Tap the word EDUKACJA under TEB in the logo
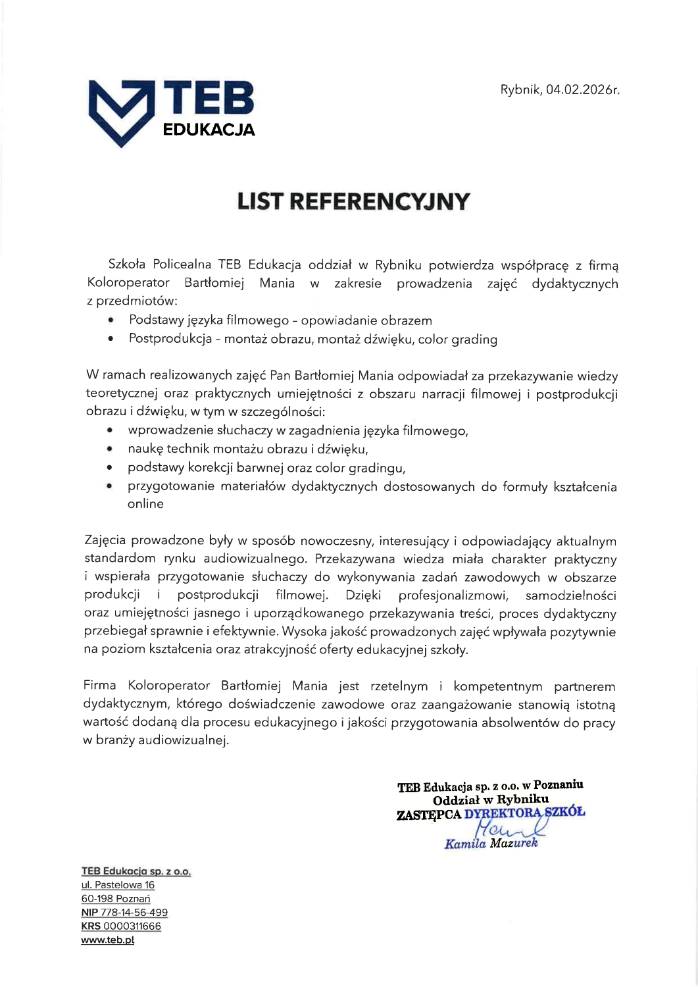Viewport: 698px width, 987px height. pos(209,130)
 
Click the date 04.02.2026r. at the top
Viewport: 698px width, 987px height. pos(583,89)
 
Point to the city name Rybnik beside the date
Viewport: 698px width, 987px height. pos(520,89)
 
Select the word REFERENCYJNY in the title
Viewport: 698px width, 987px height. pos(380,201)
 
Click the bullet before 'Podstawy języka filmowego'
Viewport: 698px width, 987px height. pos(111,320)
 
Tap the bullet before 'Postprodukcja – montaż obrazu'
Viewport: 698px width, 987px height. pos(111,340)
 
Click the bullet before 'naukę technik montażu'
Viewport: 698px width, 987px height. pos(111,449)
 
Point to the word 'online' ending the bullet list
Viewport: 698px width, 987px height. pos(145,504)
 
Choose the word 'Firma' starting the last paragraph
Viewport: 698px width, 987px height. pos(100,686)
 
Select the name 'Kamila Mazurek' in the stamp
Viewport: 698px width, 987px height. pos(491,844)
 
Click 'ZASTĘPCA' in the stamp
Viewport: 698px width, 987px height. pos(428,815)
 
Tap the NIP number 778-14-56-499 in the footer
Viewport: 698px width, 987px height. pos(134,913)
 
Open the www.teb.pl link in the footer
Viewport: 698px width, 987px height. pos(108,940)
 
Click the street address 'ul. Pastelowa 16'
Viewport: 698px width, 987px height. pos(118,885)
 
